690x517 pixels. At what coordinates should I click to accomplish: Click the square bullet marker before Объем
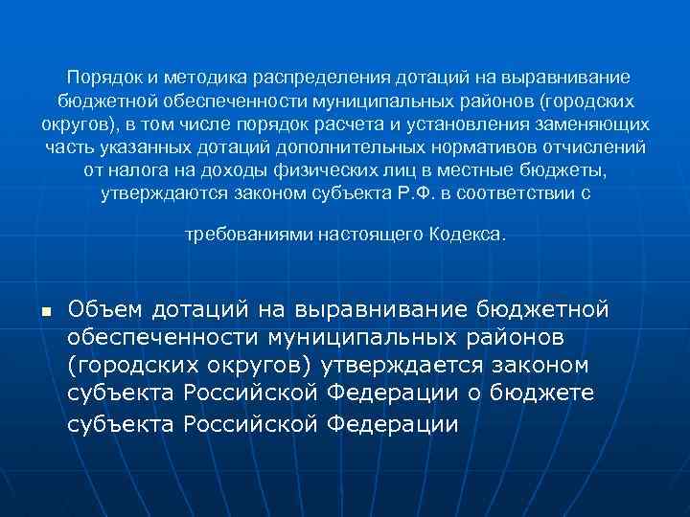45,312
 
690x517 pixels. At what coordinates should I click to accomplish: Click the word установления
463,124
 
